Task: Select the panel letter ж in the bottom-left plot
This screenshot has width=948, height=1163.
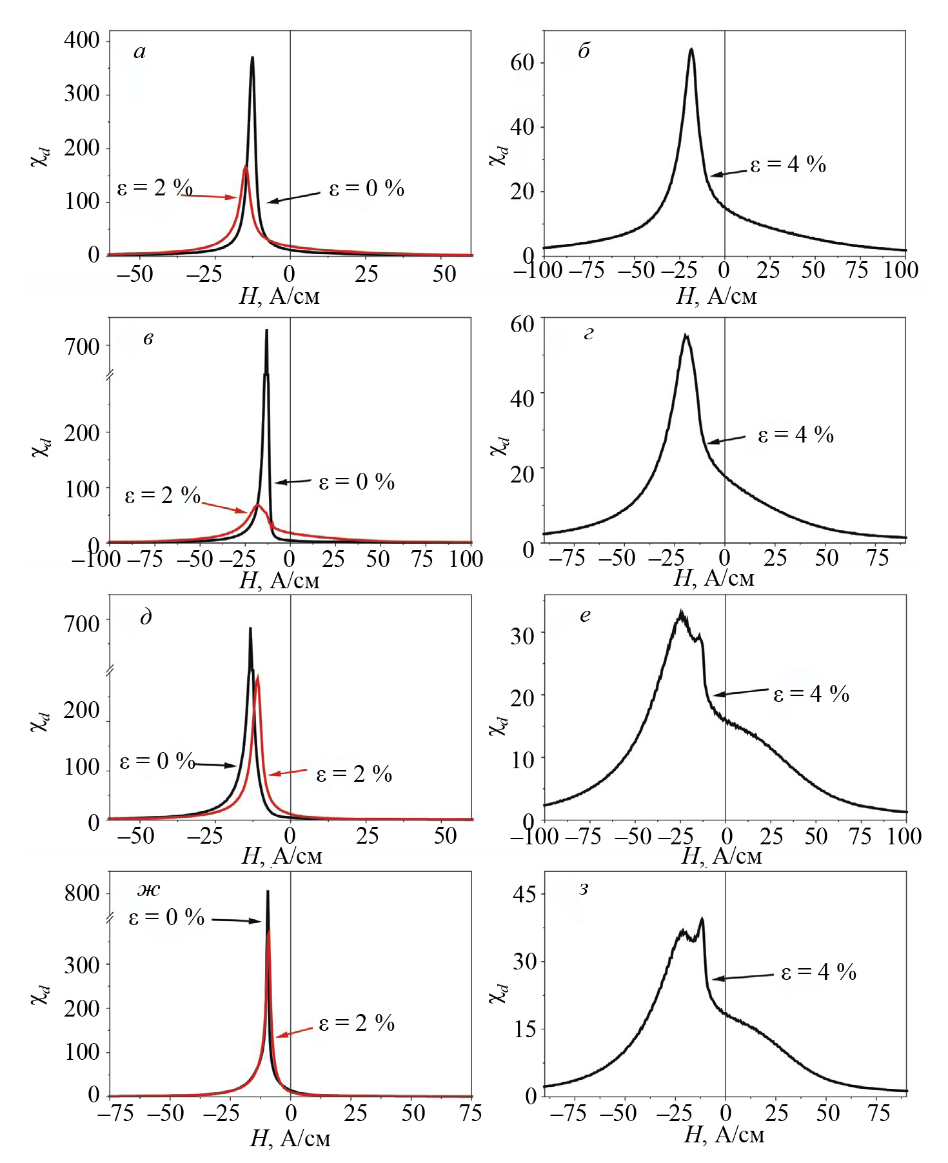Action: coord(149,890)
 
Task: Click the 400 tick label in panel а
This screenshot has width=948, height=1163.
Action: coord(82,41)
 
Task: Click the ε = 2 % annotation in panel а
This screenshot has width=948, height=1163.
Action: coord(155,188)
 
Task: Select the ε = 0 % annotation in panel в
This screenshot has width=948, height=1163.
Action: coord(357,482)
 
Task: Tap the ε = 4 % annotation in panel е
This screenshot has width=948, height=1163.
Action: coord(811,693)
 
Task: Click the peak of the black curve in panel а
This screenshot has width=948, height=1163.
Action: coord(252,57)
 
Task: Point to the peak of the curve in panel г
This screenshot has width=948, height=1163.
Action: coord(686,335)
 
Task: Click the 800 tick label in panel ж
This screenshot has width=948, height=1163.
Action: coord(82,894)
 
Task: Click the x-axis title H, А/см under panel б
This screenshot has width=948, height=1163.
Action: coord(716,295)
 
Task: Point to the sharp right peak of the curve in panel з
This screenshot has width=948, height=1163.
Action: coord(702,919)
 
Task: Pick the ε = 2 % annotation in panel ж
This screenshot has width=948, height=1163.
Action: coord(357,1024)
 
